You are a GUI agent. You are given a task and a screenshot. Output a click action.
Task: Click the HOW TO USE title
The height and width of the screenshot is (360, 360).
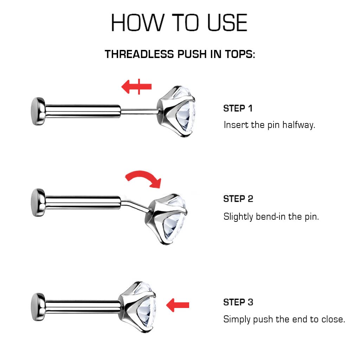tap(179, 22)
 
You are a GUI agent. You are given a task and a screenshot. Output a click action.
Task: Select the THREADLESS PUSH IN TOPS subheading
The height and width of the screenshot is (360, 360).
tap(180, 54)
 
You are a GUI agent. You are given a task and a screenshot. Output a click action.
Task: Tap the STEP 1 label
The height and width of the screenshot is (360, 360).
tap(238, 108)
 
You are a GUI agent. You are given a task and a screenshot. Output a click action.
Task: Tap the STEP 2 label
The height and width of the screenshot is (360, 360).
tap(238, 199)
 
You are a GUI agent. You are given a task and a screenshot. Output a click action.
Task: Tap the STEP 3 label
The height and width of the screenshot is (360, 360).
tap(238, 302)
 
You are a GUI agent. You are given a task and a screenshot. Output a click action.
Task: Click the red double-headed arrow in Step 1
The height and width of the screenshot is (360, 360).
tap(136, 86)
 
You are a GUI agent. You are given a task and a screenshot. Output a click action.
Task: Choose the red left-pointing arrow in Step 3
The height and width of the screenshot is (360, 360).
tap(178, 305)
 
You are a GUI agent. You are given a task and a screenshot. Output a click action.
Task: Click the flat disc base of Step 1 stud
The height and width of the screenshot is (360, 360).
tap(38, 111)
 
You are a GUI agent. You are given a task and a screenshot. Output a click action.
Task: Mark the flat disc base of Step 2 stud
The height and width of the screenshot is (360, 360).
tap(38, 202)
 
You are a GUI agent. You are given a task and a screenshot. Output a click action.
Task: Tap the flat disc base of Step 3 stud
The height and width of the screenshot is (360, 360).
tap(38, 307)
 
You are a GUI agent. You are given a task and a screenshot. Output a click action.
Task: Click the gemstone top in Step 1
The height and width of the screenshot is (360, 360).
tap(176, 111)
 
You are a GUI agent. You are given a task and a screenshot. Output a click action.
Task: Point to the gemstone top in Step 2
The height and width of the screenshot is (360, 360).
tap(166, 219)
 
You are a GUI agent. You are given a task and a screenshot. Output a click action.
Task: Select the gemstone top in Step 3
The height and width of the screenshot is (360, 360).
tap(137, 307)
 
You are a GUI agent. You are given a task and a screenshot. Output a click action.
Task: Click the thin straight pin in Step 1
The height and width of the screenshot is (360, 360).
tap(139, 112)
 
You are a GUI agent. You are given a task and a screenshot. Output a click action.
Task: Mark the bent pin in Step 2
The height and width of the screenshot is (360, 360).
tap(135, 205)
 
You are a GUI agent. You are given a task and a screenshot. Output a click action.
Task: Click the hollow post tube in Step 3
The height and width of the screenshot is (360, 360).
tap(83, 307)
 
